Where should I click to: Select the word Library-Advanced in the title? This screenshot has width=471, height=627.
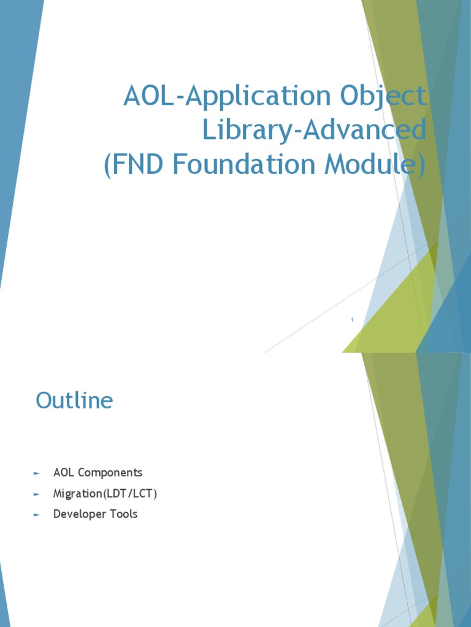[x=314, y=130]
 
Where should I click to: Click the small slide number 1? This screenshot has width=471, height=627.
[x=352, y=320]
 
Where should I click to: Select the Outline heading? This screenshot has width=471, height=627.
[x=74, y=400]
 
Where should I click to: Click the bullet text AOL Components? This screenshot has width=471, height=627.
[x=98, y=473]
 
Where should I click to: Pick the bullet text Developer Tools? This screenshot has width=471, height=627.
[x=95, y=514]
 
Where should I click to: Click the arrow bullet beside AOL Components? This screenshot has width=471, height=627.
[x=37, y=473]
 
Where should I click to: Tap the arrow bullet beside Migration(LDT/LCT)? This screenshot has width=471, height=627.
[x=37, y=494]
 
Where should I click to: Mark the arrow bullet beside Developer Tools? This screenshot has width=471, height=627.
[x=37, y=515]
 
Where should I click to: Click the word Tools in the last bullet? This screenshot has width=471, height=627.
[x=124, y=514]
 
